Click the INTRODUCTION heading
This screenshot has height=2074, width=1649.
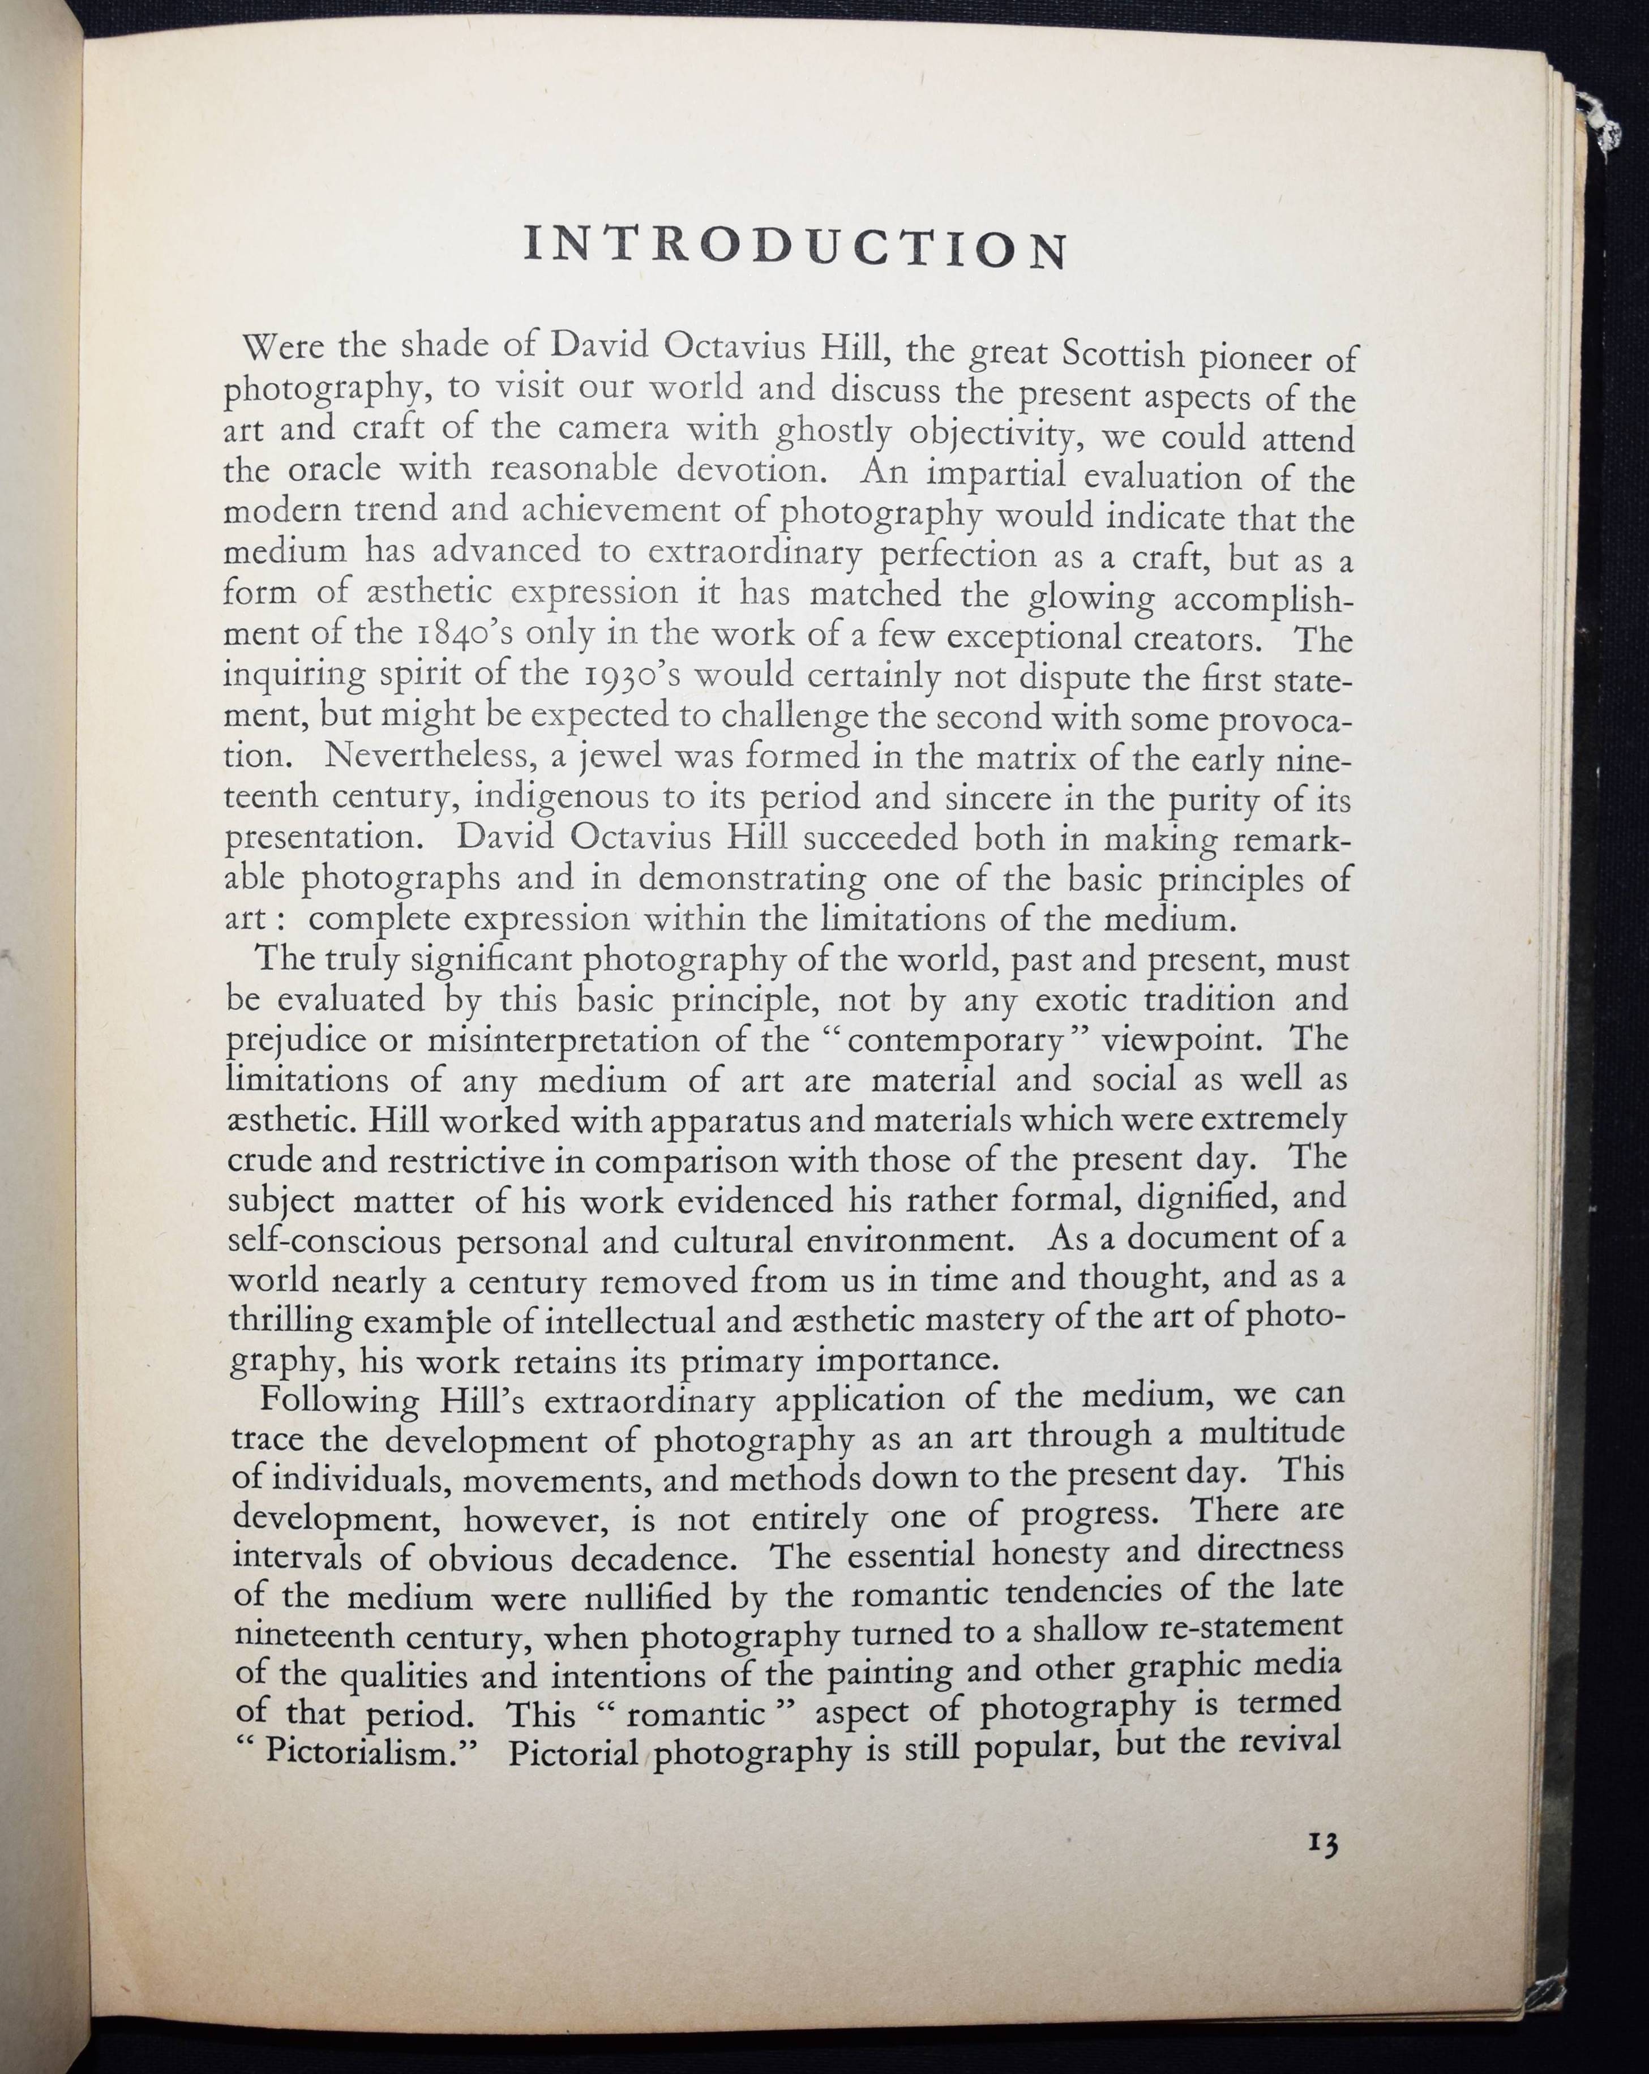796,247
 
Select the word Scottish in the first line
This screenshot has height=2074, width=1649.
1123,354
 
